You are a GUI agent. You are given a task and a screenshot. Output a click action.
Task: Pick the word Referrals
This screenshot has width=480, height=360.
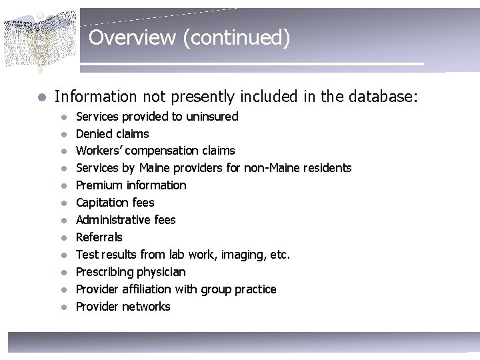(x=99, y=237)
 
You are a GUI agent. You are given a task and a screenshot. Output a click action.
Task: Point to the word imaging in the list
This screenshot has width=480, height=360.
(x=243, y=255)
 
